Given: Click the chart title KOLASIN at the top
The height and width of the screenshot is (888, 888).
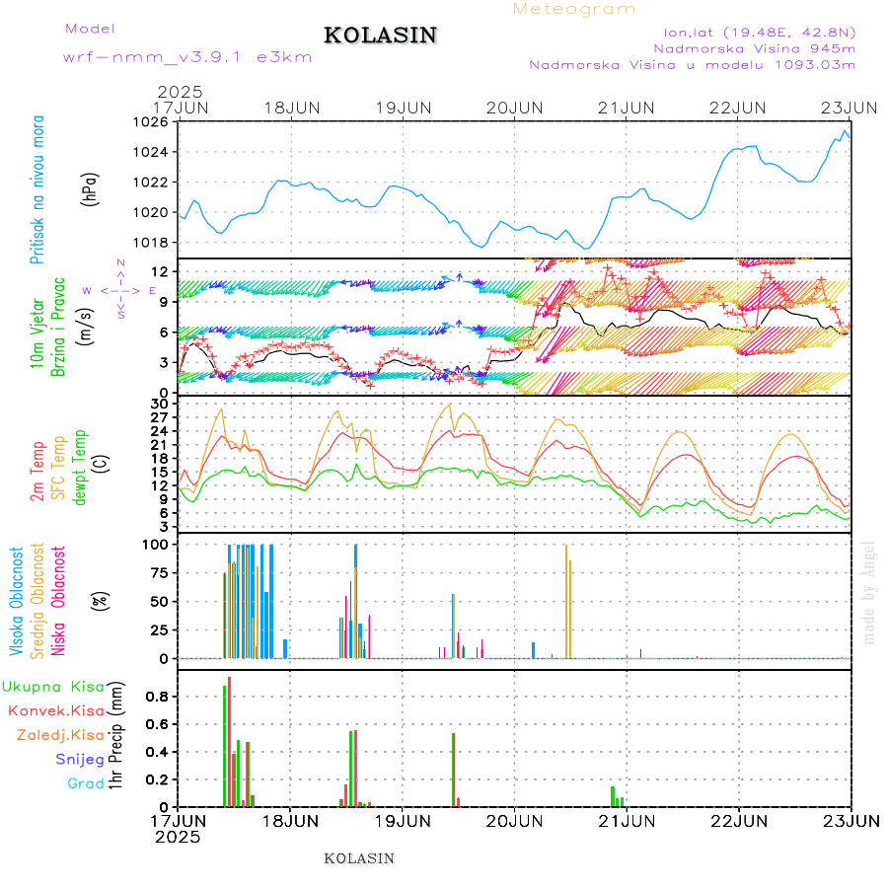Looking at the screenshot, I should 380,36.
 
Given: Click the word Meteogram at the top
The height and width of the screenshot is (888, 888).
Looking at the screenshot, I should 574,9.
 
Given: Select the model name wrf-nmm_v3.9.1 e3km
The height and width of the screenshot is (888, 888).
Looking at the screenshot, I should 187,56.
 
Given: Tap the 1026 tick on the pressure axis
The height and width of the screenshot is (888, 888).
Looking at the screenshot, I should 152,122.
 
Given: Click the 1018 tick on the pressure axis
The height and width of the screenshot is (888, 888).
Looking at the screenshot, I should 152,242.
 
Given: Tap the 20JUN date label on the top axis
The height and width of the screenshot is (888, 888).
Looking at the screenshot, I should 515,108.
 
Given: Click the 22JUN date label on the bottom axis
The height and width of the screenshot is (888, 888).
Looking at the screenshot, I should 739,820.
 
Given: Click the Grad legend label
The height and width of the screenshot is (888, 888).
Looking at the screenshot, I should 86,783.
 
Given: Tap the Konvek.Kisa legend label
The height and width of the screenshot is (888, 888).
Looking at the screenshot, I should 55,710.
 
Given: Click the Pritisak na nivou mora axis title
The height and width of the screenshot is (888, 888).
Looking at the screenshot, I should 38,188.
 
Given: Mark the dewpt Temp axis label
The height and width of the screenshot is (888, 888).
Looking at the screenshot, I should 81,465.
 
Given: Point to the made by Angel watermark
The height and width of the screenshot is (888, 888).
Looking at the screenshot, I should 869,592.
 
